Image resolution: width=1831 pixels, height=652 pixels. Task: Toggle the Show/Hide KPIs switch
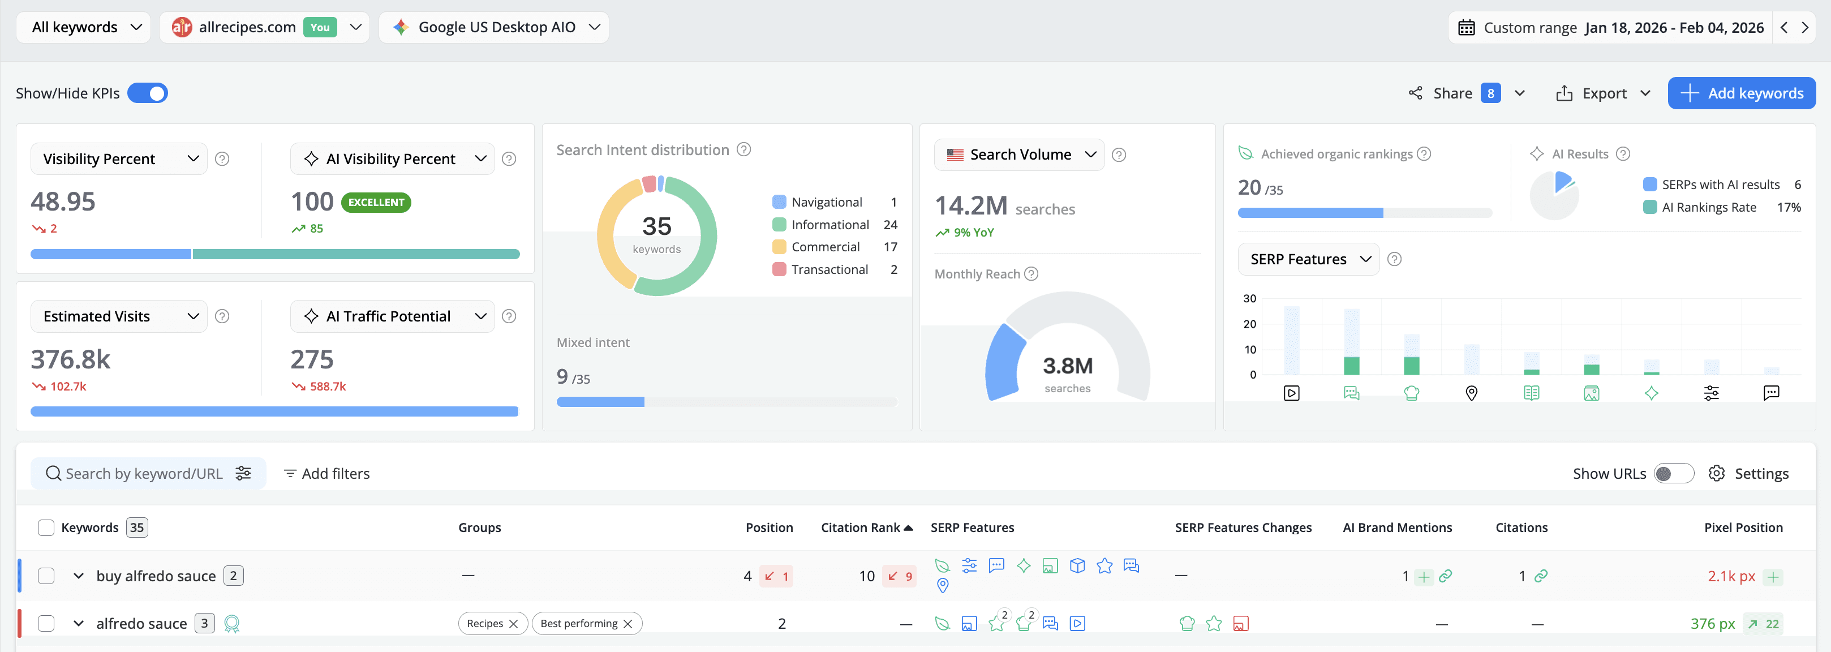point(147,93)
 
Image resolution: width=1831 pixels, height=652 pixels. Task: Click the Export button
point(1603,93)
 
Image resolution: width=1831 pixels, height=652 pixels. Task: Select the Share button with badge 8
point(1453,93)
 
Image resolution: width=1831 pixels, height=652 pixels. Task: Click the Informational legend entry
point(829,225)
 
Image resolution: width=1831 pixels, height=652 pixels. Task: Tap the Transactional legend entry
point(829,269)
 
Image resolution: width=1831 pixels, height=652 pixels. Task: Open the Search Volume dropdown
point(1018,155)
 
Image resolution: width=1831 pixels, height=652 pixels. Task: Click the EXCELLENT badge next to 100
point(376,202)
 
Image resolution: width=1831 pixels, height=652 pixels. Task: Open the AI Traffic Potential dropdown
point(392,316)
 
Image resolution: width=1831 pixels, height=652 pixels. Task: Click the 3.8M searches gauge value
point(1067,366)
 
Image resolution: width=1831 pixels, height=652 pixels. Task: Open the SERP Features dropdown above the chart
point(1308,259)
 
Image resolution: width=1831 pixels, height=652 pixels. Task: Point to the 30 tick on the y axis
point(1249,299)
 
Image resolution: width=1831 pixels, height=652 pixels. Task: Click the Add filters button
point(327,474)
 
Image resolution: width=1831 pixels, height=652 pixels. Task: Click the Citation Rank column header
point(860,527)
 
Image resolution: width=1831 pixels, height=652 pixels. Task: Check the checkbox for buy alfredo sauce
point(46,576)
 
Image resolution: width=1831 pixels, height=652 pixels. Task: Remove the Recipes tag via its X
point(513,624)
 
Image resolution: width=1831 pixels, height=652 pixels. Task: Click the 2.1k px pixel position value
point(1731,576)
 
